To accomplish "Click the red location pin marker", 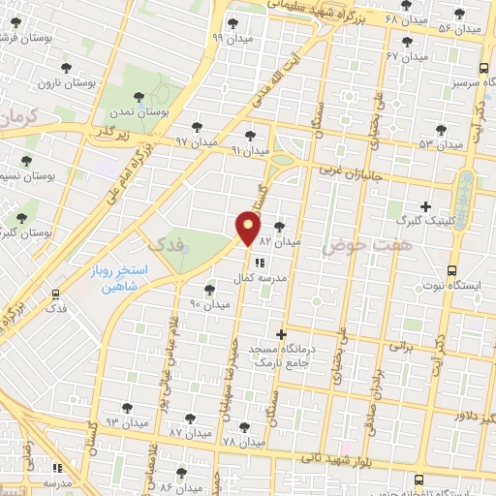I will [248, 230].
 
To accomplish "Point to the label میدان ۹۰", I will [209, 304].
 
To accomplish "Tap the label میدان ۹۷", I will [197, 141].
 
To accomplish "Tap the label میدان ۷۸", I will [243, 442].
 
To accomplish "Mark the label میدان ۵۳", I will [442, 144].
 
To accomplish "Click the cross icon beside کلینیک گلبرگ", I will [426, 206].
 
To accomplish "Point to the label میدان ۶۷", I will [407, 57].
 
